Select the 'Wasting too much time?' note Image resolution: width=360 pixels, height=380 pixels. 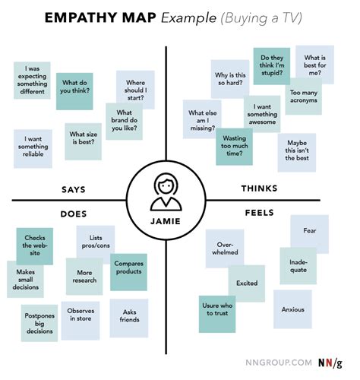pyautogui.click(x=234, y=147)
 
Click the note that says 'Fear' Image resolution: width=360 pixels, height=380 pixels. pyautogui.click(x=309, y=230)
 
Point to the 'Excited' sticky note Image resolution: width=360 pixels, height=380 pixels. pyautogui.click(x=247, y=282)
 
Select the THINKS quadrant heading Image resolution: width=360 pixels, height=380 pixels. pyautogui.click(x=259, y=188)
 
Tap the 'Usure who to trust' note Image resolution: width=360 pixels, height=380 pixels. pyautogui.click(x=216, y=311)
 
